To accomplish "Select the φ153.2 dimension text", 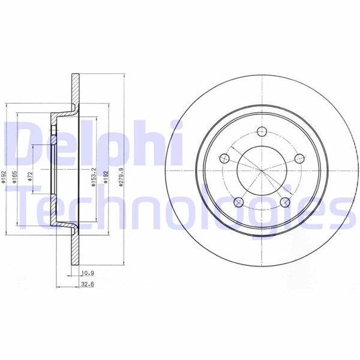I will click(x=94, y=179).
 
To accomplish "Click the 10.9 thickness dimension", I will click(x=88, y=273).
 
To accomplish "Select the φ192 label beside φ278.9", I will click(x=107, y=178).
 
